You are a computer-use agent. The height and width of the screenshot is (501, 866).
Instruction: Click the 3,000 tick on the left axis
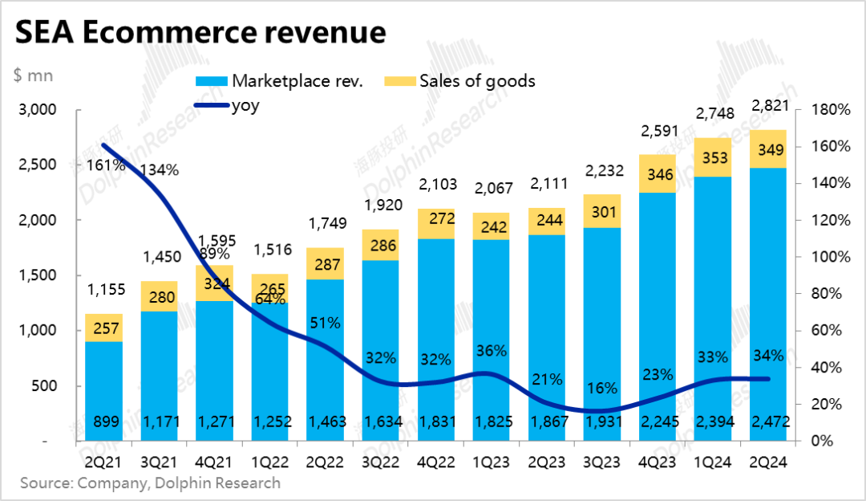pos(38,110)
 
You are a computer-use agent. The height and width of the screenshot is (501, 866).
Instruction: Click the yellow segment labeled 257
pos(103,328)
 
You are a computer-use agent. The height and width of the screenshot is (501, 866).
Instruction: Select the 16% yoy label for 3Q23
pos(601,389)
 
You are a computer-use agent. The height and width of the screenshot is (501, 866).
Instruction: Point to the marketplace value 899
pos(103,422)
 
